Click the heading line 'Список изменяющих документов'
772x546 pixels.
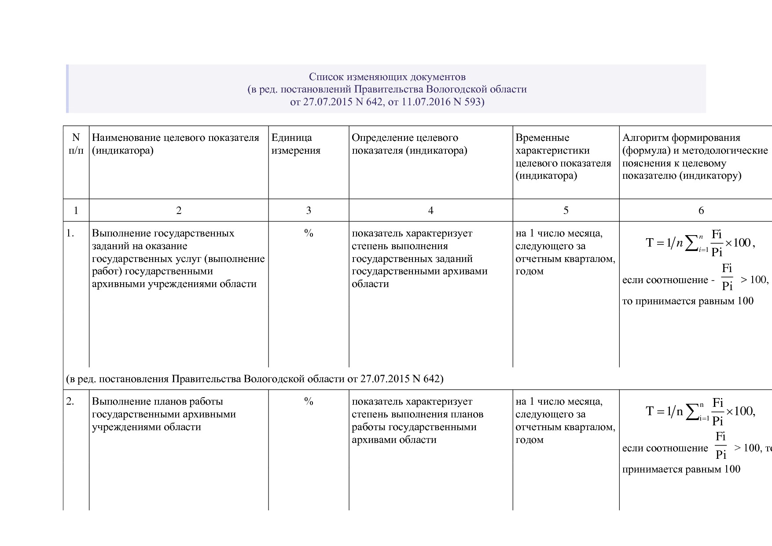pos(387,77)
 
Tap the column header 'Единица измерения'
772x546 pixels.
pos(296,144)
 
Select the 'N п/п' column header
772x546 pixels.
pos(76,144)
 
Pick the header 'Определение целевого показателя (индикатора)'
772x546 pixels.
pos(409,144)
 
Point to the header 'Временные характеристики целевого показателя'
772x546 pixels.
pos(563,157)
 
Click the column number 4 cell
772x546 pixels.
pos(430,210)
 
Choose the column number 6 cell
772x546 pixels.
pos(701,210)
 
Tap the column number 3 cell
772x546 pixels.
pos(308,210)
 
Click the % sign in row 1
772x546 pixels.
pos(308,233)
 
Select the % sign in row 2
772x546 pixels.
pos(308,402)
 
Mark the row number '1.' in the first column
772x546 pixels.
pos(70,233)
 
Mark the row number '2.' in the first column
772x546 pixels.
pos(70,402)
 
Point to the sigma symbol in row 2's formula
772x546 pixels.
pos(692,413)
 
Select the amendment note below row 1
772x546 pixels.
pos(254,379)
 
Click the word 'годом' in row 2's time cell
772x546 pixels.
pos(529,440)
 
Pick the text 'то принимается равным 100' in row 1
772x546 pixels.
pos(687,301)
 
